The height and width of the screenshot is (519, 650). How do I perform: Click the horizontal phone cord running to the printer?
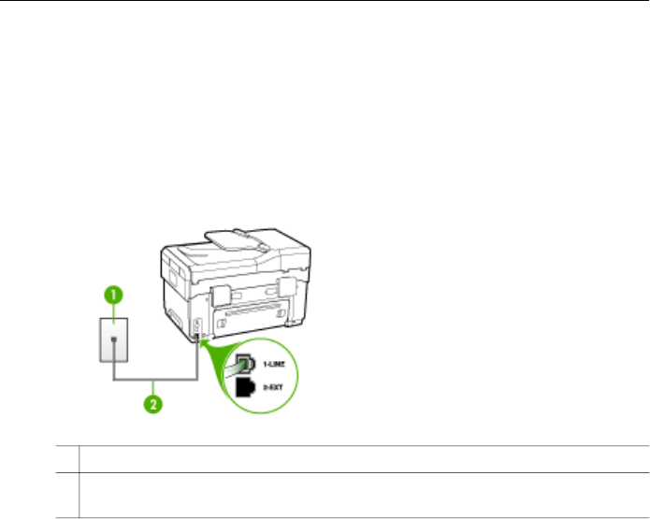click(x=154, y=380)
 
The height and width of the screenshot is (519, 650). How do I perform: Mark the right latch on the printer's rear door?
click(x=286, y=286)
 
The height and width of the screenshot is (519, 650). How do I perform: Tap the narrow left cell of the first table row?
click(x=66, y=459)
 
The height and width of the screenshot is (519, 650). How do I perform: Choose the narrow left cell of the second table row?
click(x=66, y=483)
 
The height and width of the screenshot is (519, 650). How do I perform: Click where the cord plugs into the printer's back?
click(x=197, y=333)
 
